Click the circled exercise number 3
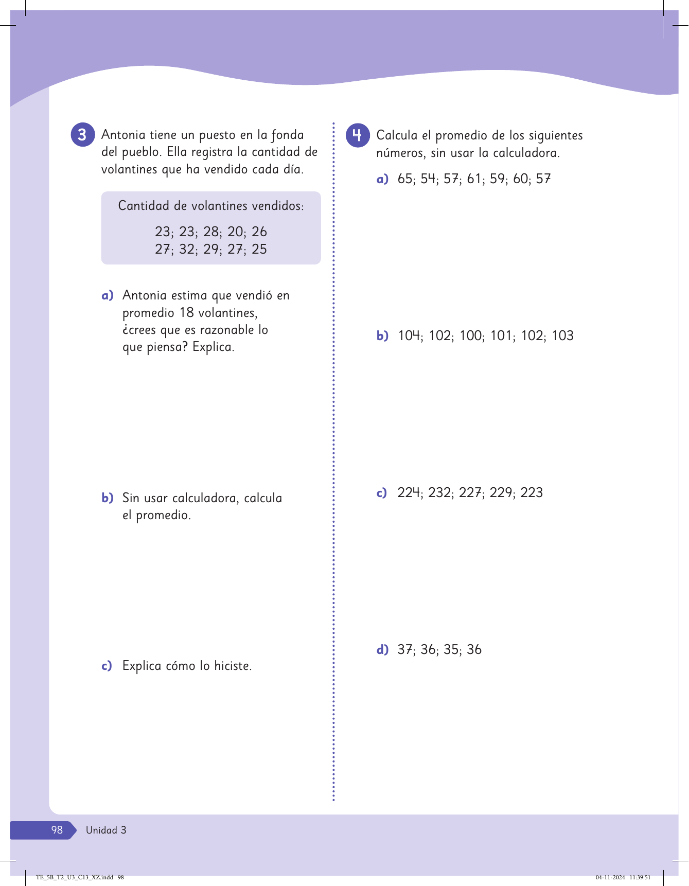pyautogui.click(x=82, y=135)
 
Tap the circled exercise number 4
pyautogui.click(x=358, y=135)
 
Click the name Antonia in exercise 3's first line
pyautogui.click(x=123, y=135)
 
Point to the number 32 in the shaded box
pyautogui.click(x=187, y=249)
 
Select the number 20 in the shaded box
pyautogui.click(x=235, y=232)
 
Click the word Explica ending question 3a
pyautogui.click(x=213, y=347)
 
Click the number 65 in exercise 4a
pyautogui.click(x=405, y=179)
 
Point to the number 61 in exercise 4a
pyautogui.click(x=474, y=179)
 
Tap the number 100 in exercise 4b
pyautogui.click(x=471, y=336)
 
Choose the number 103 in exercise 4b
pyautogui.click(x=562, y=336)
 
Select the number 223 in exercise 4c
pyautogui.click(x=532, y=493)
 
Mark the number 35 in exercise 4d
pyautogui.click(x=451, y=650)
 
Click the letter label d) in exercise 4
pyautogui.click(x=382, y=650)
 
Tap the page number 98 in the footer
pyautogui.click(x=57, y=830)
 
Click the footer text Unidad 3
pyautogui.click(x=106, y=830)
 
